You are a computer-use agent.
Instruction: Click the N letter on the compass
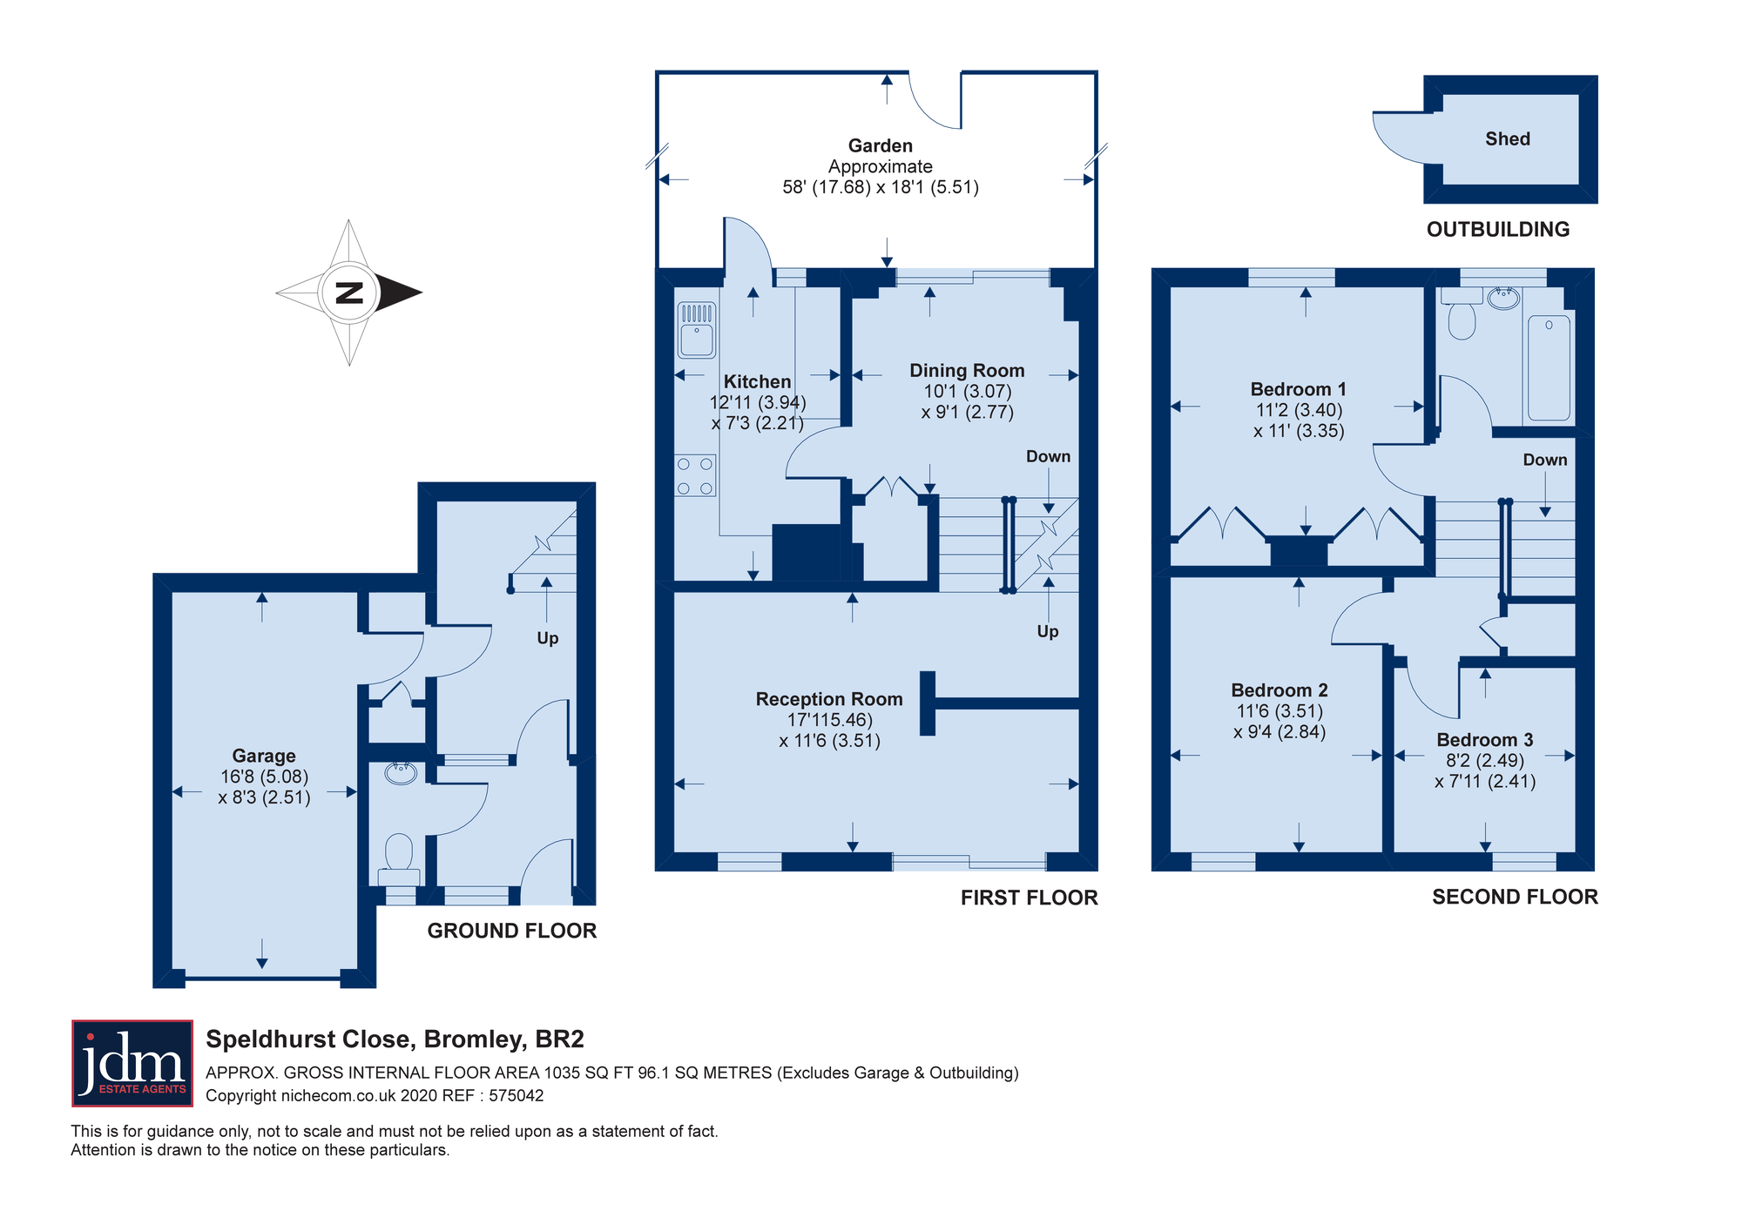349,293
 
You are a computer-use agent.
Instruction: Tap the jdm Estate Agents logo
132,1063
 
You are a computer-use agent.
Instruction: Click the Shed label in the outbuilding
1508,139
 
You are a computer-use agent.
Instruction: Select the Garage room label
264,756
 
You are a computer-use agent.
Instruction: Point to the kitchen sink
697,330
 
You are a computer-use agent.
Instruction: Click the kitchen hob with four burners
695,476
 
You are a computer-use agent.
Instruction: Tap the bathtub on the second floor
1549,368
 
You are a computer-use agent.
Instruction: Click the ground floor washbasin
401,771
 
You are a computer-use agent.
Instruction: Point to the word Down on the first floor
1048,456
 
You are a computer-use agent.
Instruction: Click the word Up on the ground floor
548,638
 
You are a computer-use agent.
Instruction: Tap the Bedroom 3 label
1485,740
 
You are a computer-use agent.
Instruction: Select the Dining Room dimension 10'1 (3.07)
968,392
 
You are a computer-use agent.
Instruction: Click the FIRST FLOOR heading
1030,898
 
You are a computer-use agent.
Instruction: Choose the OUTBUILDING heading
1498,229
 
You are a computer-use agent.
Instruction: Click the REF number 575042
517,1095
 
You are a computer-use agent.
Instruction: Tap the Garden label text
881,146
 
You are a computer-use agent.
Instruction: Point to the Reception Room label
829,699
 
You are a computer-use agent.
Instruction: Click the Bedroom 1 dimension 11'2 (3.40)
1299,410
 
